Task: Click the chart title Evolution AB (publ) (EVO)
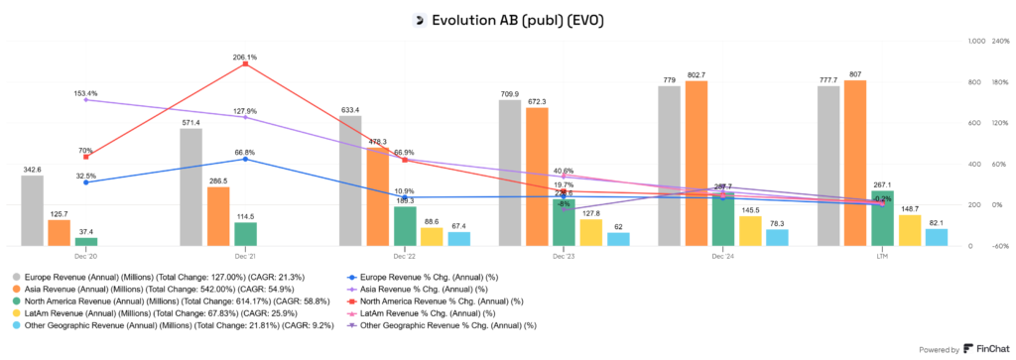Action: [x=517, y=19]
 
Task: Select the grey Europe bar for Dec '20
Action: [x=33, y=210]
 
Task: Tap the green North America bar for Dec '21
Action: [x=245, y=233]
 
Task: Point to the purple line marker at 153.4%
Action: [x=86, y=99]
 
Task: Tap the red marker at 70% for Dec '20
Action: [x=86, y=157]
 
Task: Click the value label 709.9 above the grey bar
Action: [x=509, y=93]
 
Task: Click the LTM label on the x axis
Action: [x=882, y=255]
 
